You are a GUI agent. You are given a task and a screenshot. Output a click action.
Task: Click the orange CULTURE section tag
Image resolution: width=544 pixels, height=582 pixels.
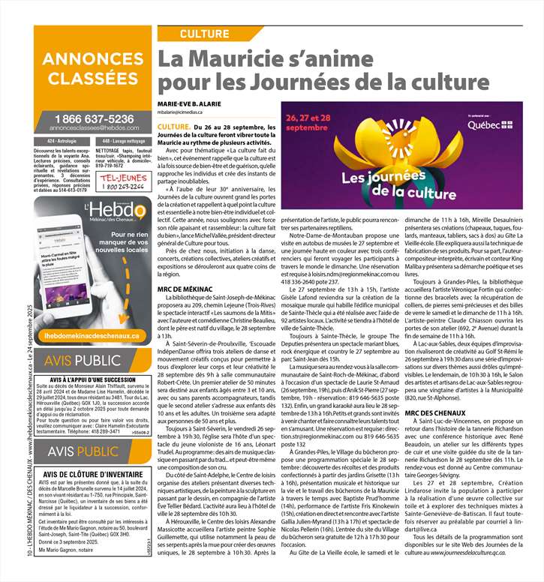tap(204, 34)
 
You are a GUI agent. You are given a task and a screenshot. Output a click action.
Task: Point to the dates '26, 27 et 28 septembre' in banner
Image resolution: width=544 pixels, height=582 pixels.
tap(308, 122)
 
